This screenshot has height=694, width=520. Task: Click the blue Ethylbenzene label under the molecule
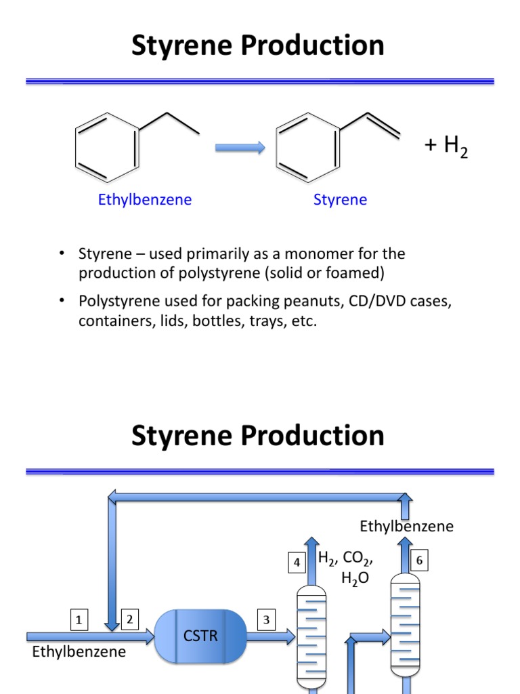coord(145,200)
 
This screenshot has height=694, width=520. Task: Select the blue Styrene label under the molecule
coord(340,200)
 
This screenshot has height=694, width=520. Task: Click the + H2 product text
coord(446,146)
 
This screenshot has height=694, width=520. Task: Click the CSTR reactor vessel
coord(200,636)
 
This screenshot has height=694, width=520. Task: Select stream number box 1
coord(79,619)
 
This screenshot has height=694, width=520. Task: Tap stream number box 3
coord(266,619)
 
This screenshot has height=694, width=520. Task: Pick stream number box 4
coord(296,562)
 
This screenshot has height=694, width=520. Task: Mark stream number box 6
coord(419,560)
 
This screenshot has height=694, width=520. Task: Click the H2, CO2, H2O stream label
coord(345,568)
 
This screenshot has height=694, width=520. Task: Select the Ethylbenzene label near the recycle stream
coord(406,527)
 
